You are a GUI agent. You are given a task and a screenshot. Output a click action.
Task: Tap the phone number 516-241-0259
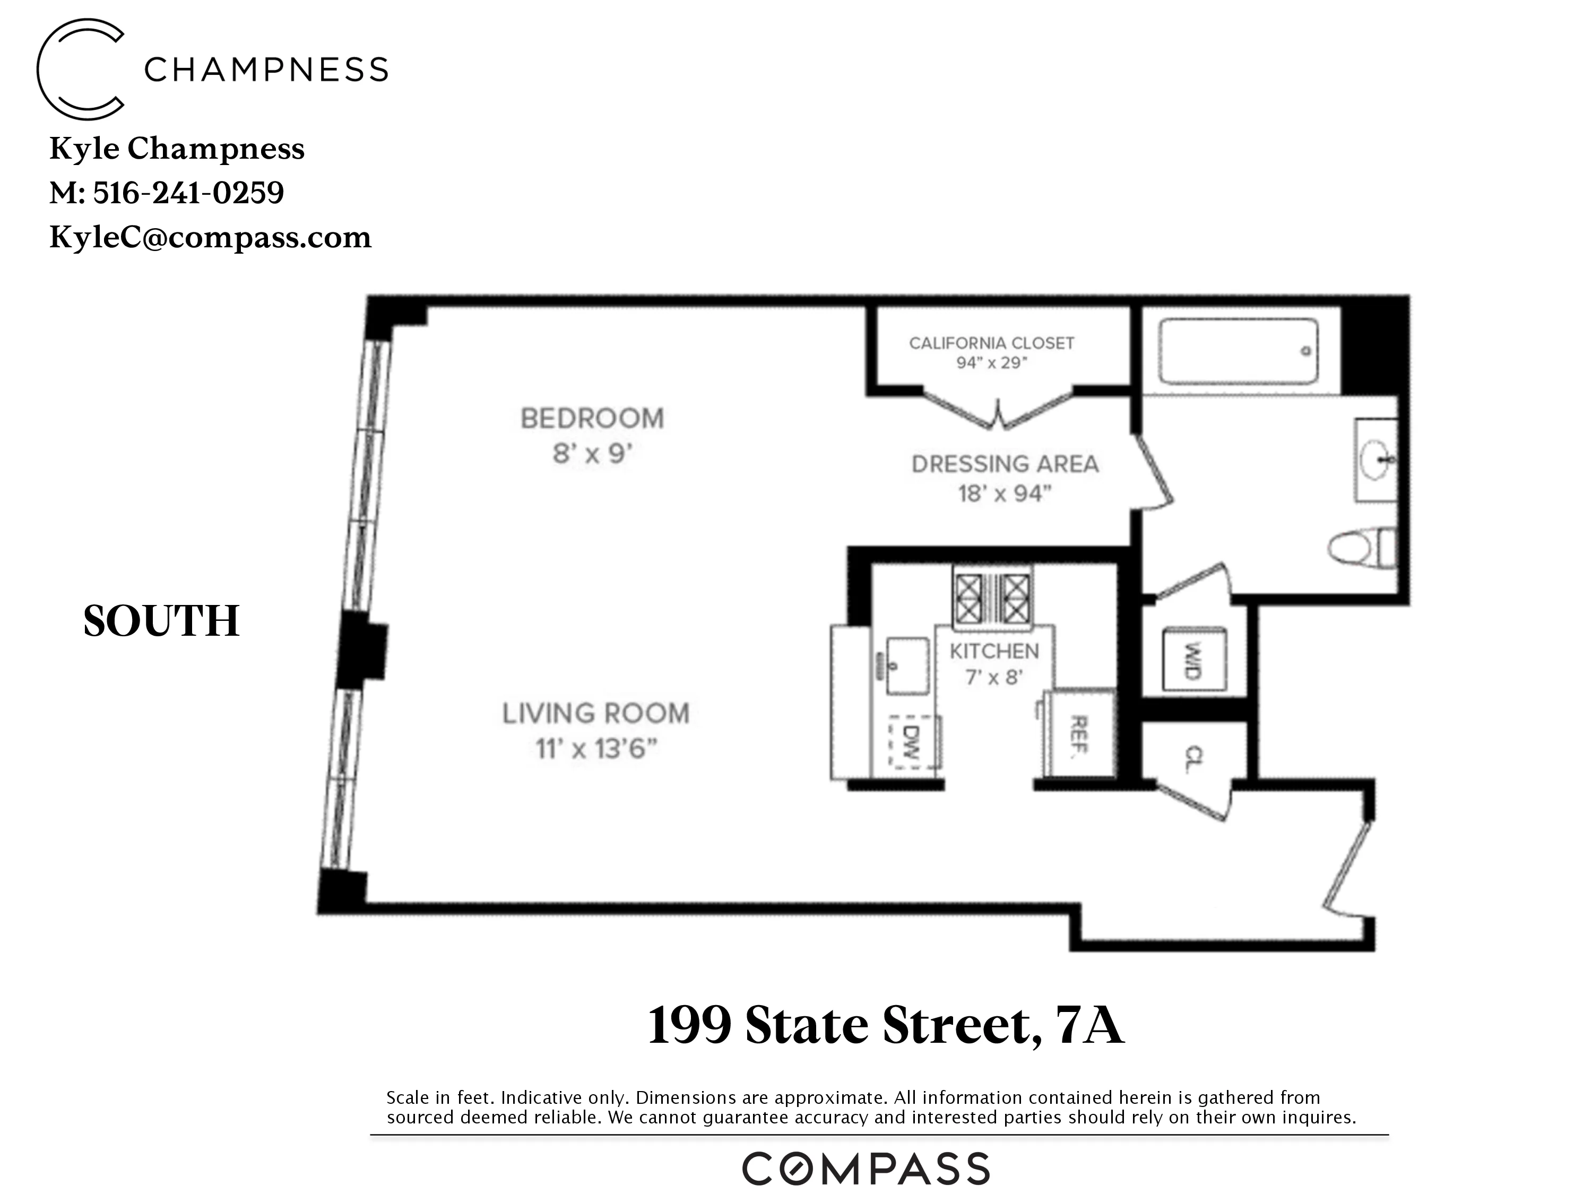pos(188,193)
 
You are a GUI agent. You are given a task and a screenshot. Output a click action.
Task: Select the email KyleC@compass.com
pos(210,238)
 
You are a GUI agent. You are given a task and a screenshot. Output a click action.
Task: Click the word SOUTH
pos(161,621)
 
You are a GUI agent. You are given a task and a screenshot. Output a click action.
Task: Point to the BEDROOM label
pos(592,419)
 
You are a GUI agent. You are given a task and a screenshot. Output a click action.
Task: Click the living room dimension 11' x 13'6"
pos(596,749)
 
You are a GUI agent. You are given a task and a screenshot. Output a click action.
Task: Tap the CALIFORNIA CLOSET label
pos(991,343)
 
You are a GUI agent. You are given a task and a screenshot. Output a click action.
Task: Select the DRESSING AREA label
pos(1005,464)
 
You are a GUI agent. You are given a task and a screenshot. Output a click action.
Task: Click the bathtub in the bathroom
pos(1238,351)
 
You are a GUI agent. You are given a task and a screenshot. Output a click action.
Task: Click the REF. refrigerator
pos(1079,734)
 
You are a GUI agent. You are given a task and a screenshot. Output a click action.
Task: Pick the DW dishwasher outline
pos(913,742)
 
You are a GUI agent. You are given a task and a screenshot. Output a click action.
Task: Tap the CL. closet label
pos(1192,758)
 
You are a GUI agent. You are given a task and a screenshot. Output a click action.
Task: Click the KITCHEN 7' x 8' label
pos(994,663)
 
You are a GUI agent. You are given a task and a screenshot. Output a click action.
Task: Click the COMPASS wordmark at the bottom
pos(866,1170)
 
